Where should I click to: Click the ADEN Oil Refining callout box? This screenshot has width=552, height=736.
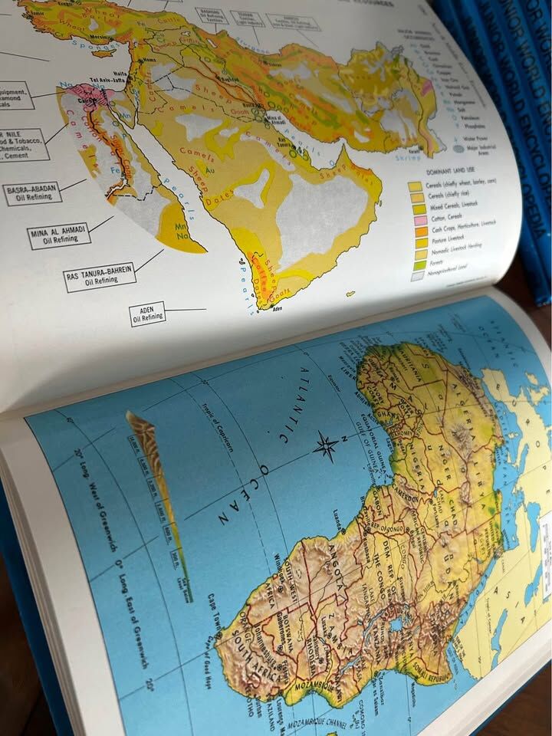pos(147,314)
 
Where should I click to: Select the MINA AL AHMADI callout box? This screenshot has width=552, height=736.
pos(59,235)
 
